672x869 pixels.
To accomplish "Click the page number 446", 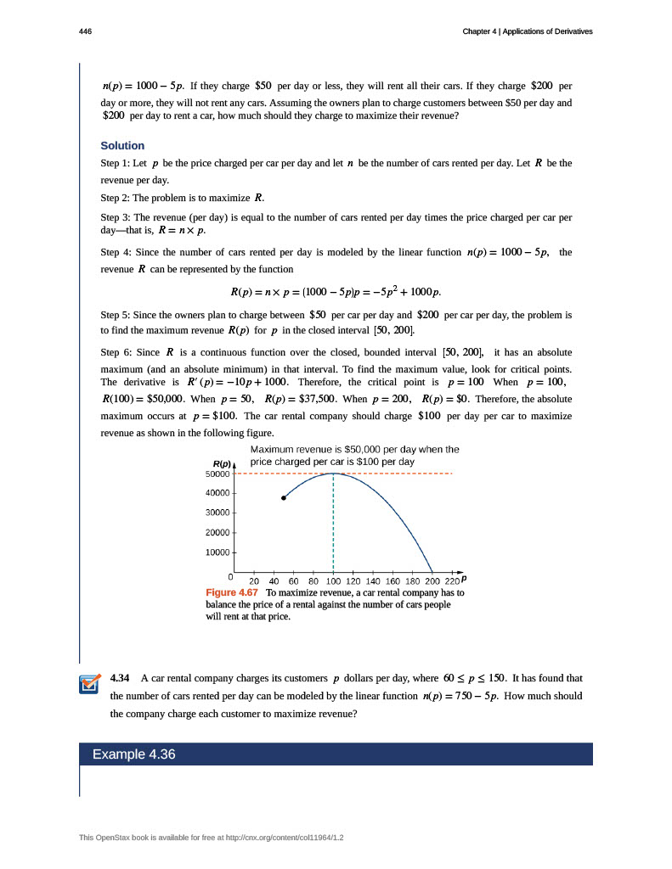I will (x=85, y=31).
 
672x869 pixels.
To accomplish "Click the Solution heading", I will (x=122, y=146).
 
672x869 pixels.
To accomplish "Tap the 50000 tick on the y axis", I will (x=218, y=474).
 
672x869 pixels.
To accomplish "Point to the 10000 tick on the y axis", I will (x=218, y=552).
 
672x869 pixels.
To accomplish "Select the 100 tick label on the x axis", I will (x=333, y=581).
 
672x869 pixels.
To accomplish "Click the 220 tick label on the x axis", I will (x=451, y=581).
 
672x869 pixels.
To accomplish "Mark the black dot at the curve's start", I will (x=284, y=498).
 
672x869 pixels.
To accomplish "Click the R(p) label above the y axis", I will (x=223, y=463).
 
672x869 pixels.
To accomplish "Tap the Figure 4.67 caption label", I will (x=233, y=592).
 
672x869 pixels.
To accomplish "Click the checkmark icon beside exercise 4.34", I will (x=89, y=684).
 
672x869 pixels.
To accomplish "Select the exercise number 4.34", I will (x=121, y=679).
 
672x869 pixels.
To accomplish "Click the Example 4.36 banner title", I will (x=134, y=754).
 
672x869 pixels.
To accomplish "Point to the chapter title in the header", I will (x=528, y=31).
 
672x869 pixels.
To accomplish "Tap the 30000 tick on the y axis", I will (x=218, y=513).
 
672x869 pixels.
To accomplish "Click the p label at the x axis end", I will (x=464, y=578).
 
